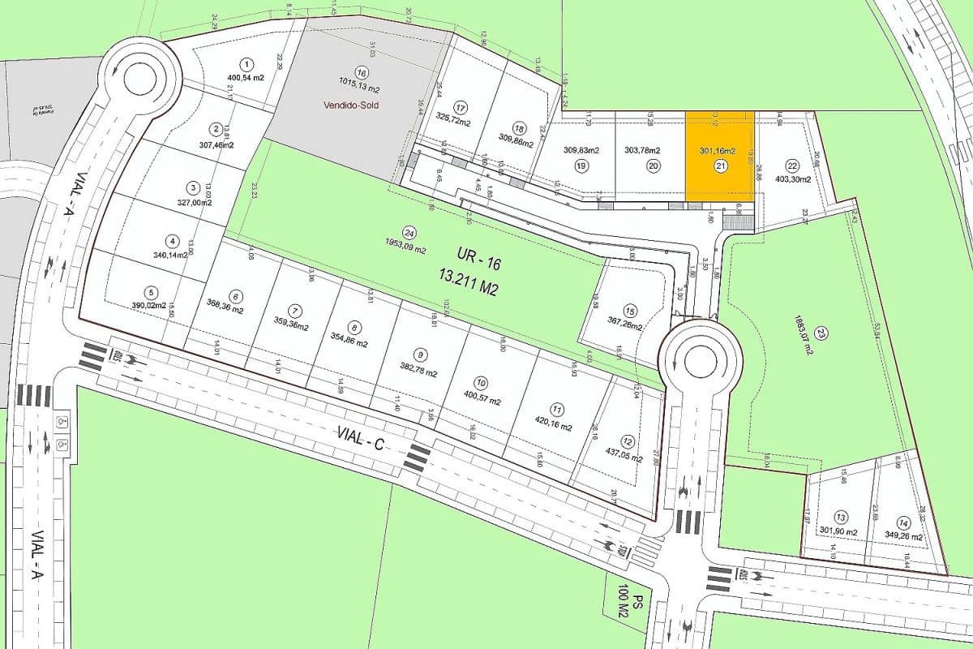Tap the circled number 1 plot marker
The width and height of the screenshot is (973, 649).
(x=246, y=63)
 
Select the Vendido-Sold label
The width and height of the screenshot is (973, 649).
(x=351, y=105)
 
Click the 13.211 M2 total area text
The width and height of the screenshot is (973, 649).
(x=468, y=288)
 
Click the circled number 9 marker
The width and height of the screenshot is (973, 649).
(x=419, y=354)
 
